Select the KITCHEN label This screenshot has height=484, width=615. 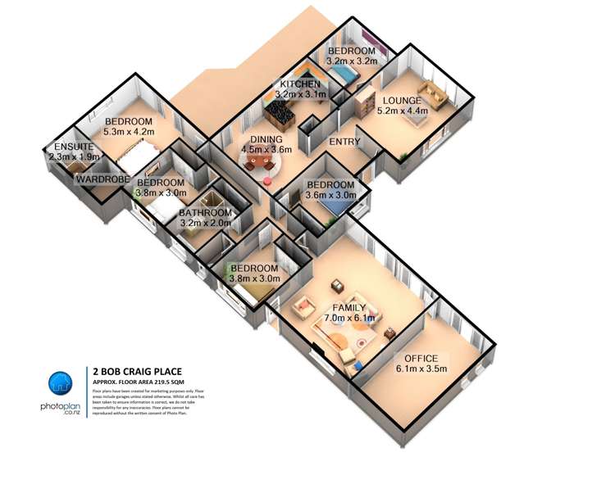(299, 84)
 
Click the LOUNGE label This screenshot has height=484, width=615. (401, 100)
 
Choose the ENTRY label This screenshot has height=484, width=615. (344, 142)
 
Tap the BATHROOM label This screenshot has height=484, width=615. (206, 213)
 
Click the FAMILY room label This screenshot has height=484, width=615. (348, 308)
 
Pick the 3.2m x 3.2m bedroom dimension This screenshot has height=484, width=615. (351, 61)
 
